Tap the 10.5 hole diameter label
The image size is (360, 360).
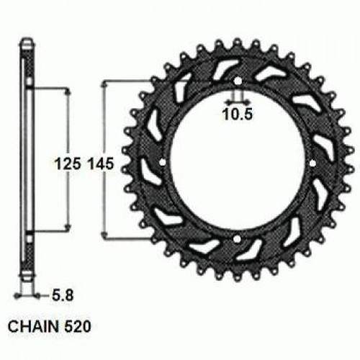click(238, 113)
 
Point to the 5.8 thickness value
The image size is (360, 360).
click(63, 294)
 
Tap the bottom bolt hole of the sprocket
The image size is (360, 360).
click(238, 238)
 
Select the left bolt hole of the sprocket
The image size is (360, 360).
click(162, 162)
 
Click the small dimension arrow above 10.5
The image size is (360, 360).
click(238, 99)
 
